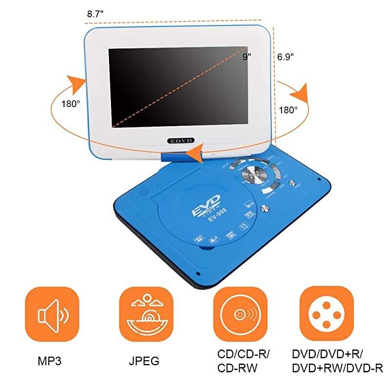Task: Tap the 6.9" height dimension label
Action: pos(285,57)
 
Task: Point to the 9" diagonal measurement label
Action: pos(247,57)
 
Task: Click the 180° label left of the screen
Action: pos(70,104)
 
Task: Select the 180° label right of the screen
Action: pos(289,110)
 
